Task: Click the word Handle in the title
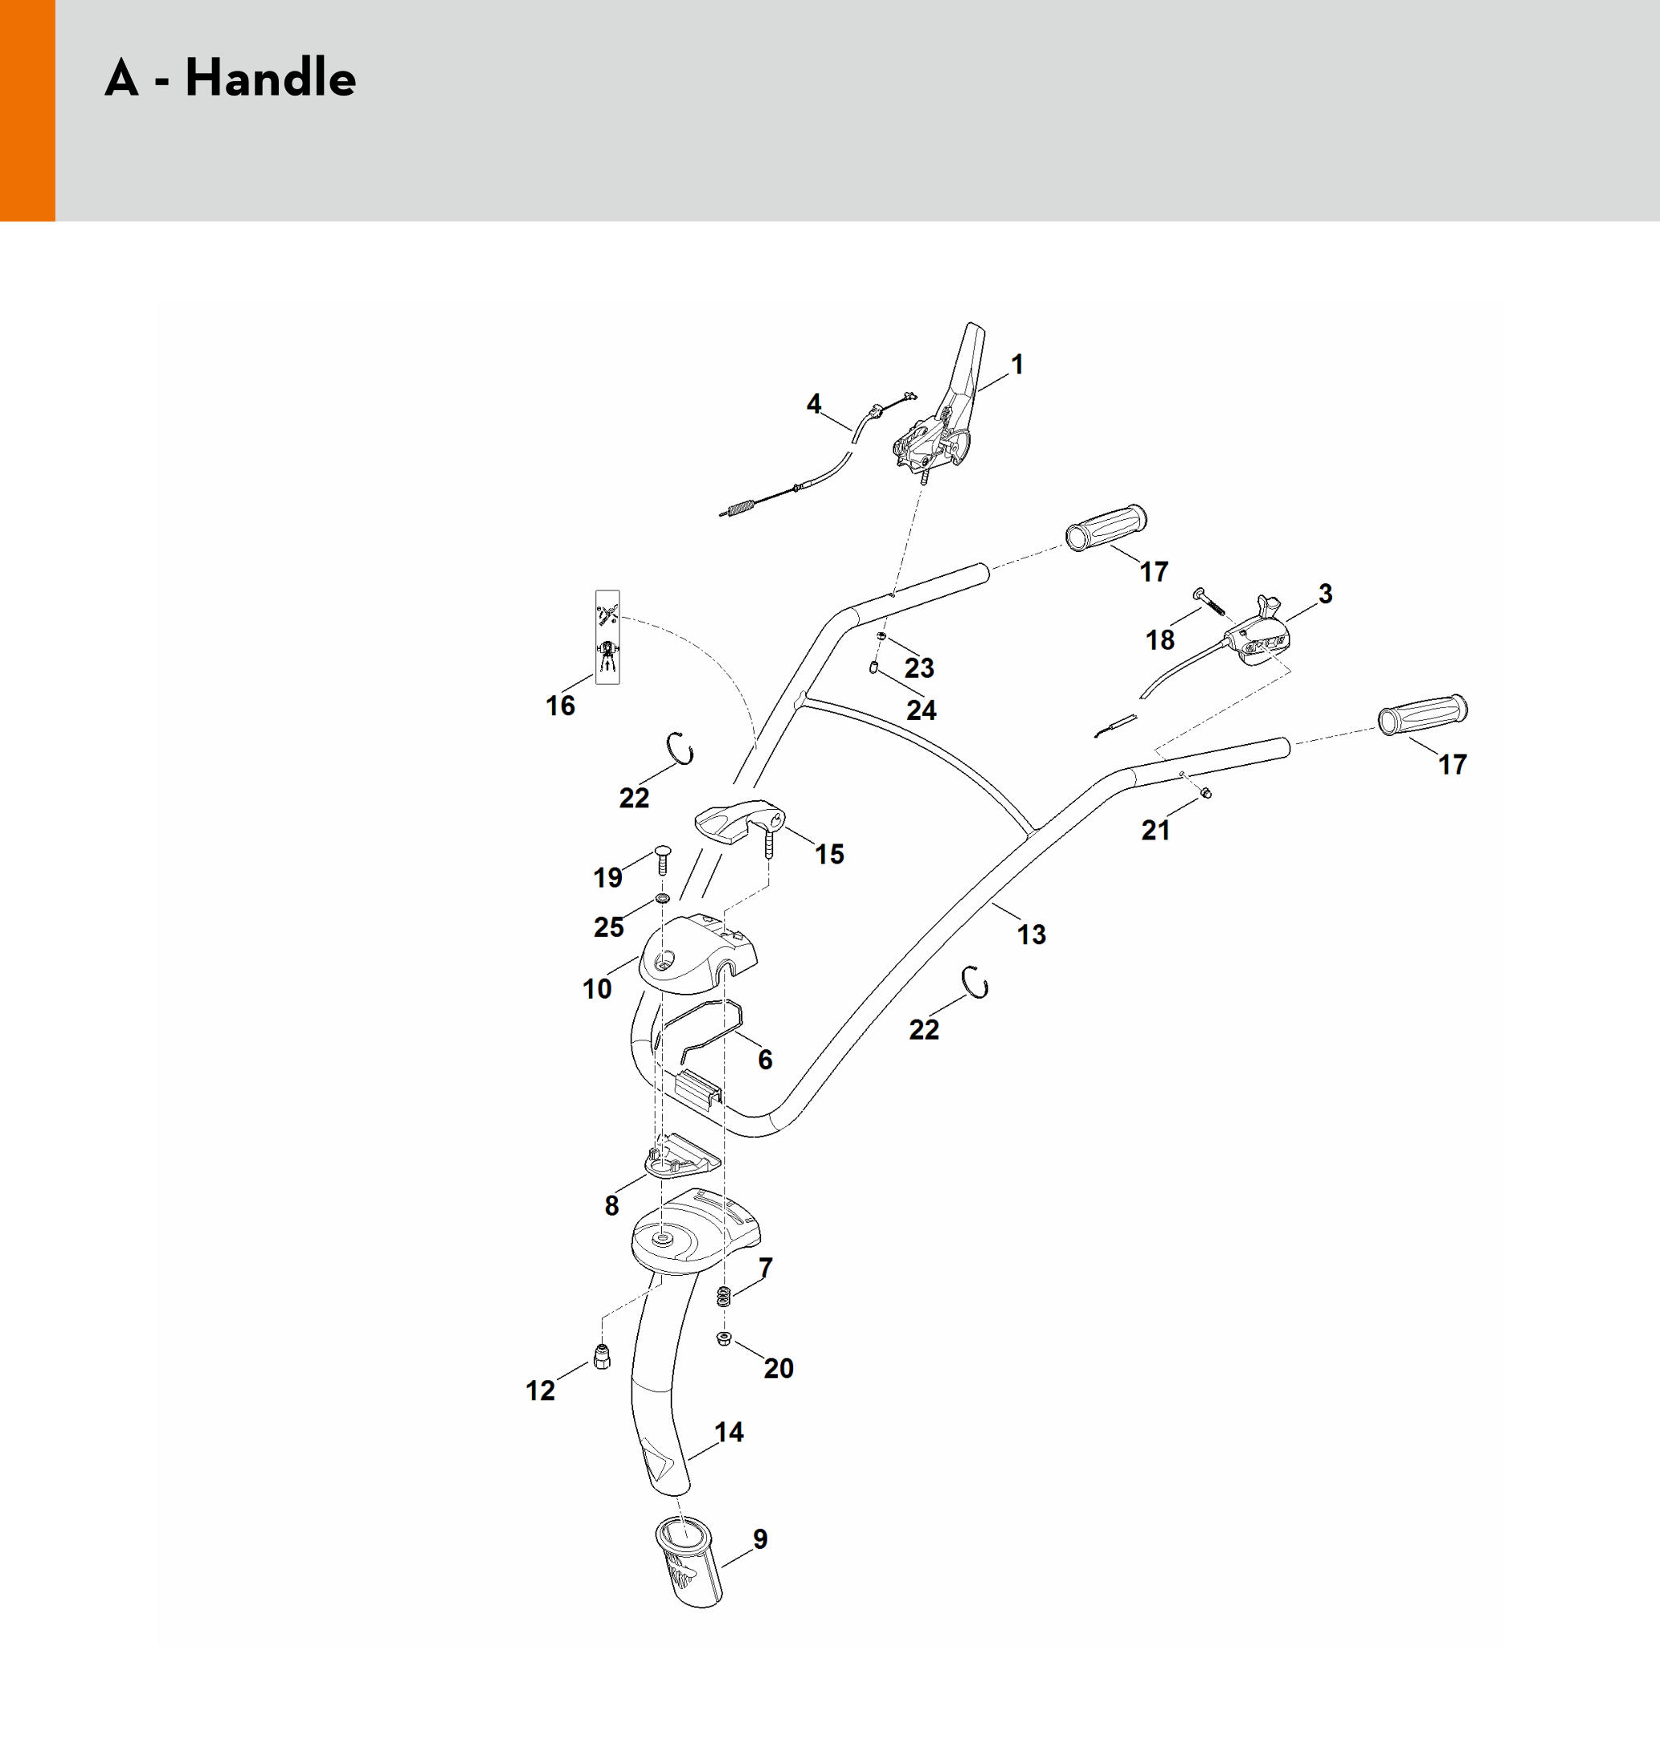(x=270, y=77)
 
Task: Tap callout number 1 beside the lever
(x=1017, y=364)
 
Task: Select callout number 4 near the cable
(x=814, y=403)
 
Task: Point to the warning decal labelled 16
(x=607, y=636)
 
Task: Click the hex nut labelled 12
(x=602, y=1355)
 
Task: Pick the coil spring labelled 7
(x=724, y=1297)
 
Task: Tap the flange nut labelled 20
(x=723, y=1338)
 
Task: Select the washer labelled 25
(x=662, y=899)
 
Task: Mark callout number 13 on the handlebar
(x=1031, y=934)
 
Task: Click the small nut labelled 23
(x=881, y=637)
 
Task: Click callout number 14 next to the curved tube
(x=729, y=1432)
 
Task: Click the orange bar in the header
(x=27, y=111)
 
